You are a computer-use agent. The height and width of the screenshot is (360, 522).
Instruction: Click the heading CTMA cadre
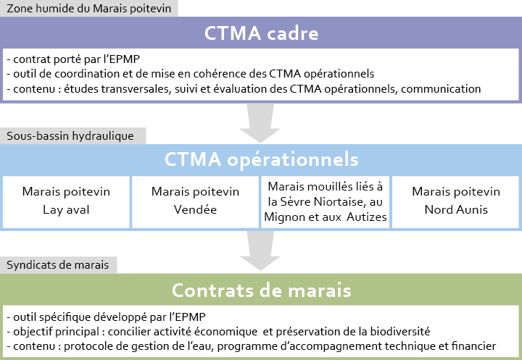(x=261, y=33)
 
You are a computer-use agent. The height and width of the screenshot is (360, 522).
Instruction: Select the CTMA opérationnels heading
(x=261, y=159)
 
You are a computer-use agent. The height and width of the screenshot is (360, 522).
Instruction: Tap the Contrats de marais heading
(x=261, y=290)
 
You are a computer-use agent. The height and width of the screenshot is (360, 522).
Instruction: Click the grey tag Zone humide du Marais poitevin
(x=89, y=8)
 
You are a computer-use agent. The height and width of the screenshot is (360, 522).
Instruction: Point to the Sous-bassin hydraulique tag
(x=73, y=135)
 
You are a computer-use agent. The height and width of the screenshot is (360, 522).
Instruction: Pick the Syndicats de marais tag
(x=58, y=265)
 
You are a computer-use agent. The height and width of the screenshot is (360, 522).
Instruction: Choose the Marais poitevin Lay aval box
(x=66, y=202)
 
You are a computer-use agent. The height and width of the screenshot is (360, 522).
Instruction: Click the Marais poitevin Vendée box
(x=195, y=202)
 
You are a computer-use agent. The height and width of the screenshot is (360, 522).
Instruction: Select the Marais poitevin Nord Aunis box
(x=456, y=202)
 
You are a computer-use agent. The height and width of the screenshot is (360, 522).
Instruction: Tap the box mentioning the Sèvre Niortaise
(x=326, y=202)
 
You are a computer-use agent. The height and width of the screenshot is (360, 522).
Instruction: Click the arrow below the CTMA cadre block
(x=260, y=122)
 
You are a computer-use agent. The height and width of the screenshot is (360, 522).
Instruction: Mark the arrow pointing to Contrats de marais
(x=260, y=251)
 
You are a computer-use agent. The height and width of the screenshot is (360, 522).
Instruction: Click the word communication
(x=441, y=89)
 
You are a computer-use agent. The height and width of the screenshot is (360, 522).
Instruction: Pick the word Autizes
(x=367, y=217)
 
